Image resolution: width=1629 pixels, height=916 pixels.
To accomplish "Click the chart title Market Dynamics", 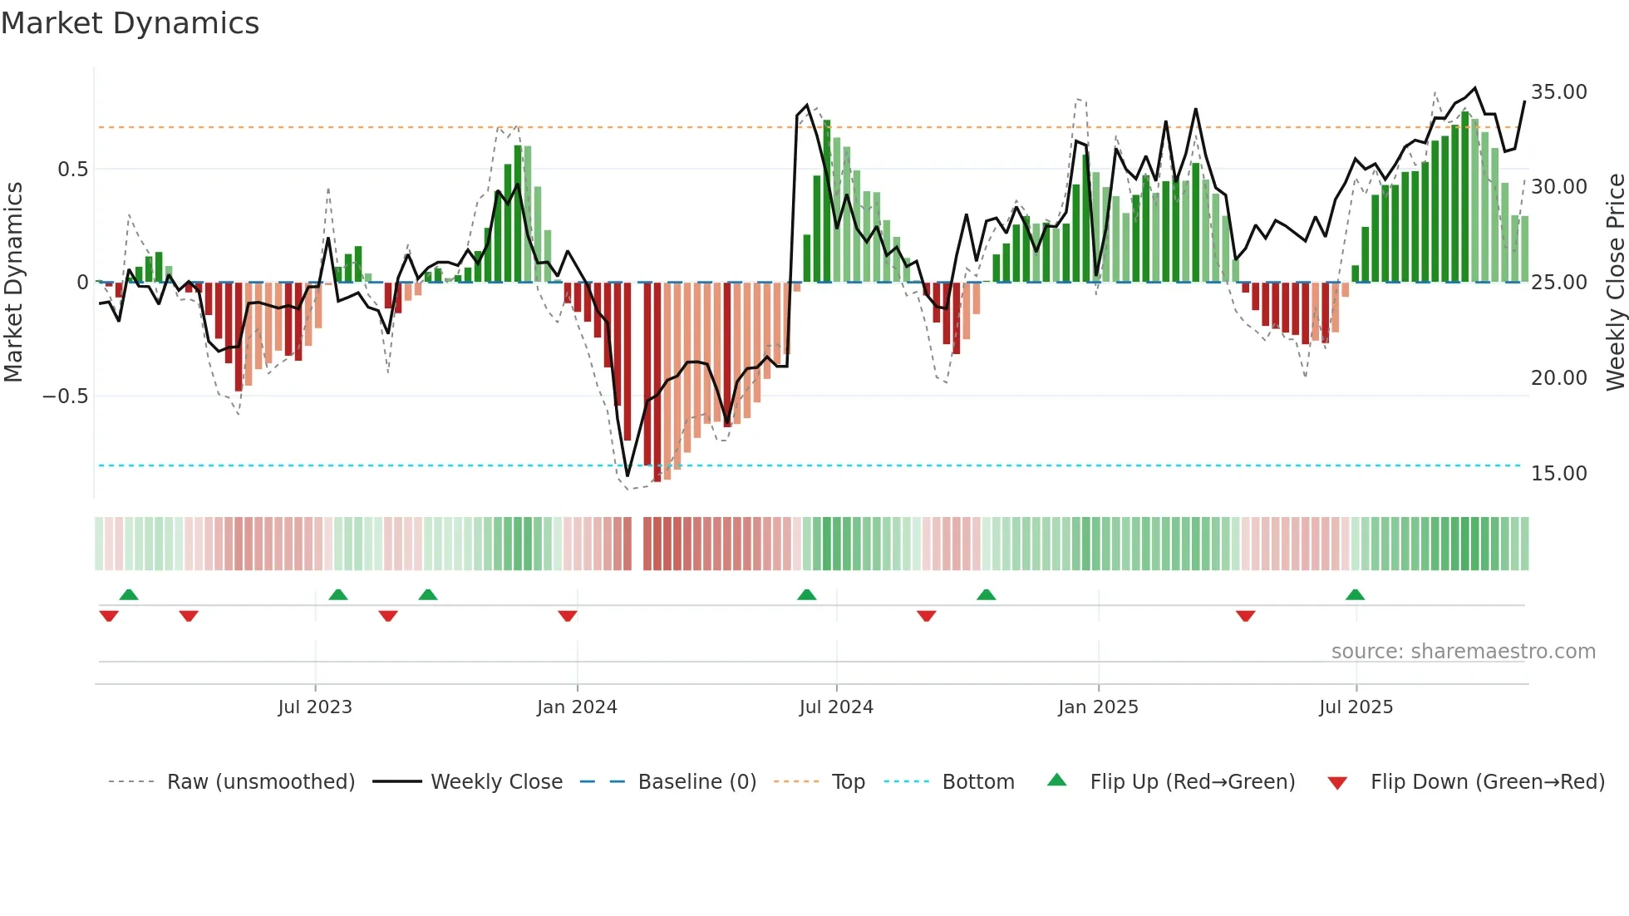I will pyautogui.click(x=130, y=23).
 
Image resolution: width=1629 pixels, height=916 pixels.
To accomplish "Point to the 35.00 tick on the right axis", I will pyautogui.click(x=1558, y=91).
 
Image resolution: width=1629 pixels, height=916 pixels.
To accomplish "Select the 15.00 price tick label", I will pyautogui.click(x=1558, y=473).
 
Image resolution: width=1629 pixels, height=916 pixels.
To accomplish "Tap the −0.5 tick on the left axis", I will pyautogui.click(x=65, y=396).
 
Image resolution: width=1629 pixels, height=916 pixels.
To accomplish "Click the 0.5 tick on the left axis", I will pyautogui.click(x=72, y=170).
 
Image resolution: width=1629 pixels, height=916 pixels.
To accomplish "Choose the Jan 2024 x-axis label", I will pyautogui.click(x=577, y=707).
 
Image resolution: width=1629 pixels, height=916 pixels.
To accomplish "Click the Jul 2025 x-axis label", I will pyautogui.click(x=1356, y=707).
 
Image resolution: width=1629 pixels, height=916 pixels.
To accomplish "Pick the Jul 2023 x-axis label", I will pyautogui.click(x=315, y=707).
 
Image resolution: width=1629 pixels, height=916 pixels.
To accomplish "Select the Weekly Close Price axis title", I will pyautogui.click(x=1615, y=282).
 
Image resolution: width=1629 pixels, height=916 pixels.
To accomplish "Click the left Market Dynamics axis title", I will pyautogui.click(x=13, y=282).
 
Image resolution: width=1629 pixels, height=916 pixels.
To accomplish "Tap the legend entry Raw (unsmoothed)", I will pyautogui.click(x=260, y=782).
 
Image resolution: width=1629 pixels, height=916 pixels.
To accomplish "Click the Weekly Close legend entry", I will pyautogui.click(x=496, y=782).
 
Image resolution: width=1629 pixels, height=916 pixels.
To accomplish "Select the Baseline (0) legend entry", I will pyautogui.click(x=696, y=782).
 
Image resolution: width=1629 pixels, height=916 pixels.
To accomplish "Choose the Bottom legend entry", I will pyautogui.click(x=977, y=782).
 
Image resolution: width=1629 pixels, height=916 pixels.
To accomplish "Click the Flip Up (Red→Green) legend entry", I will pyautogui.click(x=1192, y=782).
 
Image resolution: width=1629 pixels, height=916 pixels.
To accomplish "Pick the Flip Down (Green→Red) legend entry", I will pyautogui.click(x=1487, y=782).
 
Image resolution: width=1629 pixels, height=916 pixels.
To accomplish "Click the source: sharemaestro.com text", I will pyautogui.click(x=1463, y=652).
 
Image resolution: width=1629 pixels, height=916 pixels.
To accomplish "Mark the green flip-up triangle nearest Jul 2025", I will pyautogui.click(x=1355, y=594).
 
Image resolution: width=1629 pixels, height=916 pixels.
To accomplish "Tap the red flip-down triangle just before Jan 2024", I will pyautogui.click(x=568, y=616).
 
